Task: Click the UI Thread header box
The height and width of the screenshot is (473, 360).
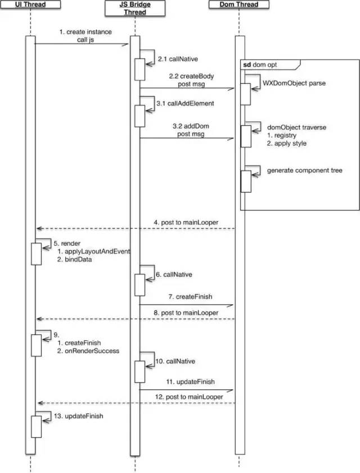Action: [30, 4]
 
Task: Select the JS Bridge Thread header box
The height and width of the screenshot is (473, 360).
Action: [135, 8]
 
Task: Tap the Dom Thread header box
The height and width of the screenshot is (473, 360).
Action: [238, 4]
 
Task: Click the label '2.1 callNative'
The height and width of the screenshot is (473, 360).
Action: [178, 59]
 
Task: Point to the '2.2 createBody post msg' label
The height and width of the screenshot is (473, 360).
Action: [191, 80]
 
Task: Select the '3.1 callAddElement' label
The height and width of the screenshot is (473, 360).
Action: [185, 103]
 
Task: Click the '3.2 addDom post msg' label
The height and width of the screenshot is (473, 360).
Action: [191, 130]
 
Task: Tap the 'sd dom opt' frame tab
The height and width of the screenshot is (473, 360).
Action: [271, 65]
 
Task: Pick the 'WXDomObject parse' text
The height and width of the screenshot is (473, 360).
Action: [294, 83]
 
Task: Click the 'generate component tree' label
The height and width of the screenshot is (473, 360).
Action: [304, 170]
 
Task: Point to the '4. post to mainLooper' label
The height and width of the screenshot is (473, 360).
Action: [186, 223]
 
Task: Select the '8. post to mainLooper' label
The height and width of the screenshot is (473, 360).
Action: [186, 313]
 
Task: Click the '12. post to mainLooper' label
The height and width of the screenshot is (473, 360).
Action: [189, 397]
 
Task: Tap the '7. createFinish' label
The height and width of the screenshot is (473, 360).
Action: [190, 297]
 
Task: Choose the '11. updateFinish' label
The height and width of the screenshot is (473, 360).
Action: [191, 382]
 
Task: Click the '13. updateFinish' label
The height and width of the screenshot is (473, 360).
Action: [78, 416]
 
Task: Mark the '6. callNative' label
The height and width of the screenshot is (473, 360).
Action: [174, 275]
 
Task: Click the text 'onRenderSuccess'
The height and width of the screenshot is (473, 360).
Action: [92, 351]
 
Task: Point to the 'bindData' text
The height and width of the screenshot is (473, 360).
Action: [78, 259]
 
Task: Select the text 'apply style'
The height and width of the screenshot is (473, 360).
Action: [290, 143]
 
